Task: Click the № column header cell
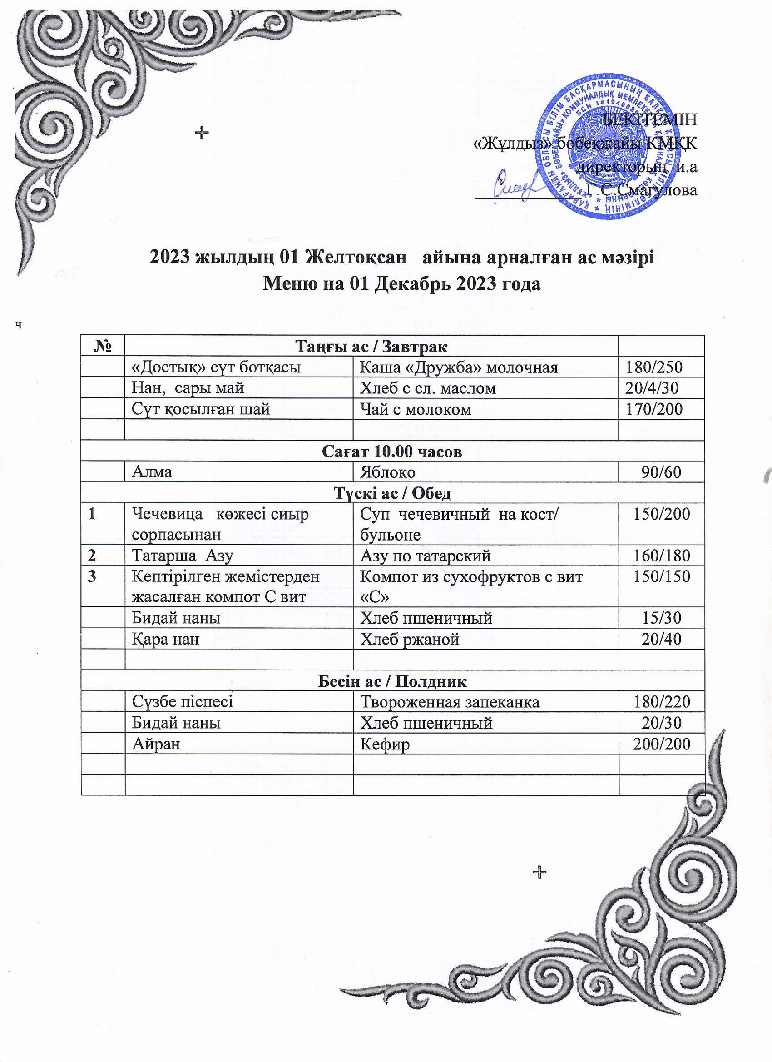103,347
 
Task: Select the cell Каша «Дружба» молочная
458,367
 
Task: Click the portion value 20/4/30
653,388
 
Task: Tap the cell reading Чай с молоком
415,409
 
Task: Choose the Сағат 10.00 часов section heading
392,452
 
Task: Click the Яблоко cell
387,472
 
